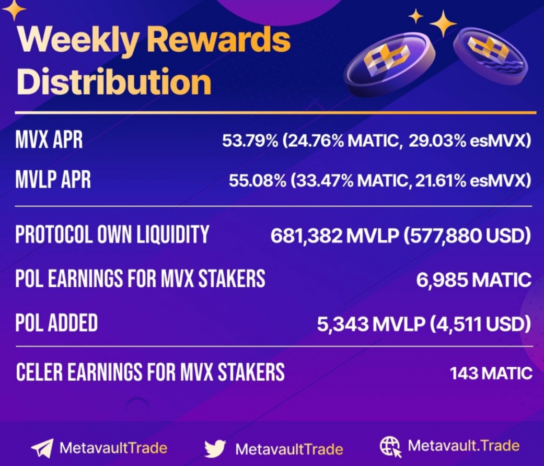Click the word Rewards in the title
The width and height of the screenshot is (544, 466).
point(219,39)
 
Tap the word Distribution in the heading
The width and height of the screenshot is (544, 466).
point(114,82)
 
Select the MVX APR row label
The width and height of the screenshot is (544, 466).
point(49,140)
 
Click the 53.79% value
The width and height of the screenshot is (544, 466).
point(250,141)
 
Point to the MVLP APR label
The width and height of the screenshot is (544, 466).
point(53,180)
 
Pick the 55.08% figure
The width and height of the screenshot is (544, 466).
point(258,180)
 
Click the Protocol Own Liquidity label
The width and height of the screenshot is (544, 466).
point(112,235)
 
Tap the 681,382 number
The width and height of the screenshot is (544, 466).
point(306,236)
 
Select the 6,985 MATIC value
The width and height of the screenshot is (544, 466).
point(474,279)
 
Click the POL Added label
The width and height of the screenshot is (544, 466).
point(56,323)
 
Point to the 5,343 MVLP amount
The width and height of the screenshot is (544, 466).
point(371,324)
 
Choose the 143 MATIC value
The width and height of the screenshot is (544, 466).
point(491,374)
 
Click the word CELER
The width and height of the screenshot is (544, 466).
point(39,372)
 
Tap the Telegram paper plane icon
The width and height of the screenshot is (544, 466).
point(42,448)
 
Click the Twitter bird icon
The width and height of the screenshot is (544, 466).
point(215,449)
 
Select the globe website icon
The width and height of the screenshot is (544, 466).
point(390,447)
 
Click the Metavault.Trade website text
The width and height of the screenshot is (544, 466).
point(464,446)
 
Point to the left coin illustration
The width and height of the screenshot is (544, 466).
point(389,65)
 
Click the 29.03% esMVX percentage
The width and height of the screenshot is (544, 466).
point(470,141)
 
